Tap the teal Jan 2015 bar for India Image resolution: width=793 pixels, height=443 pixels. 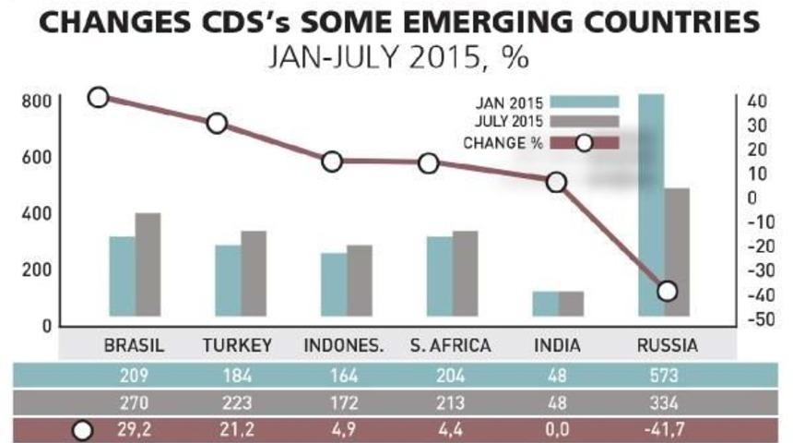[546, 304]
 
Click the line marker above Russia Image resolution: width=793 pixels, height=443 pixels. [668, 292]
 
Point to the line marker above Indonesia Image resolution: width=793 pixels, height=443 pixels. [332, 162]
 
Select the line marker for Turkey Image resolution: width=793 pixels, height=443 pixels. [217, 124]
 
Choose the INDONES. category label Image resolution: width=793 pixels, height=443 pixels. [344, 346]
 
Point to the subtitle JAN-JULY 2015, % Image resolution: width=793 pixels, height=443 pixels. [396, 59]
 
